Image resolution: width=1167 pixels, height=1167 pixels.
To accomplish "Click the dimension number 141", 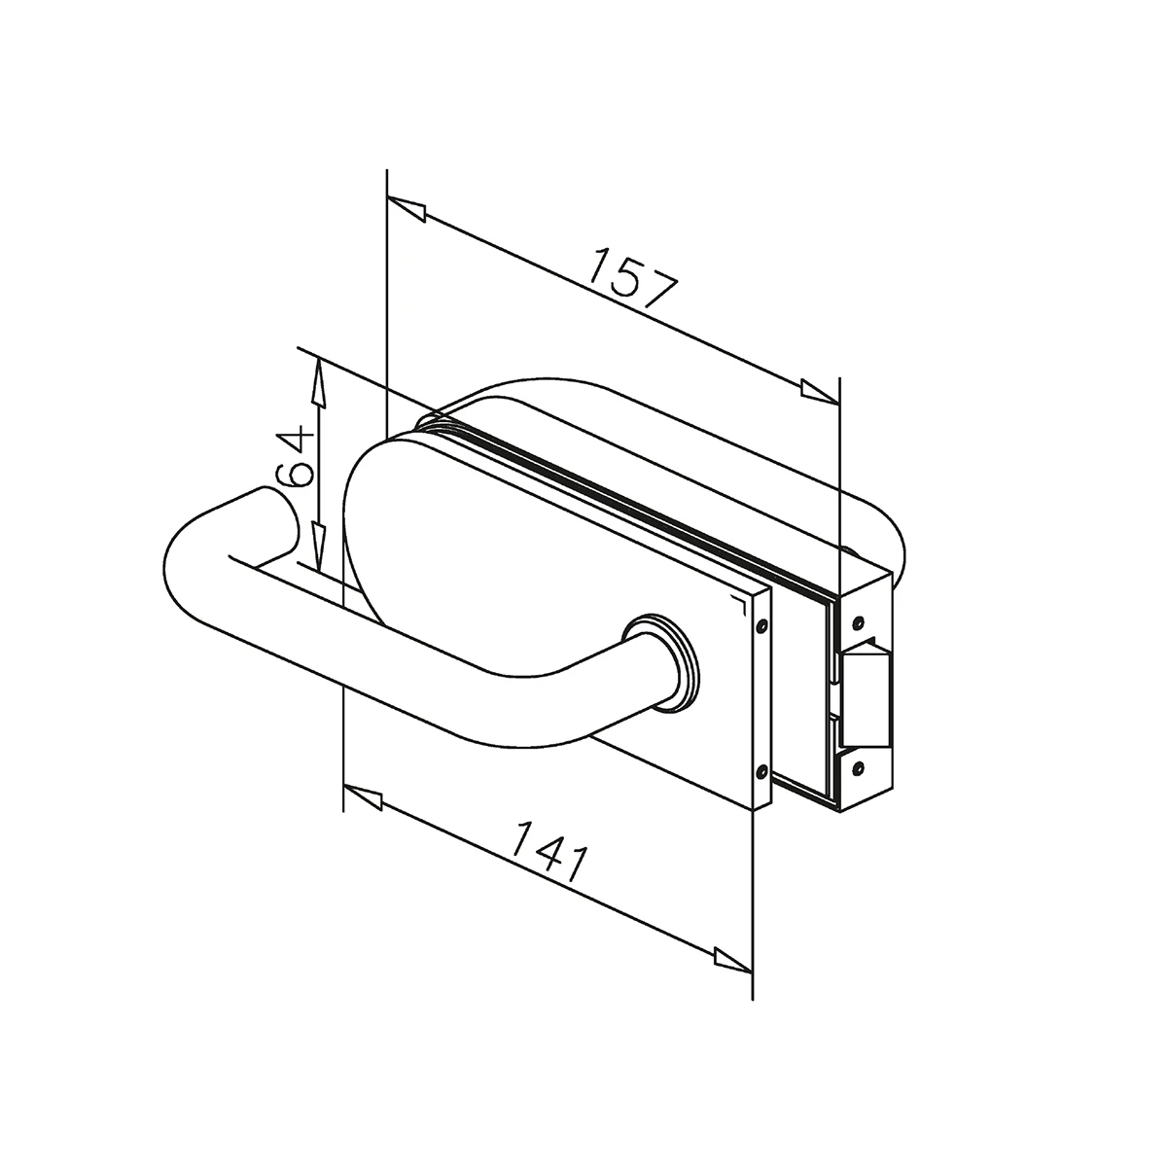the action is (x=548, y=850).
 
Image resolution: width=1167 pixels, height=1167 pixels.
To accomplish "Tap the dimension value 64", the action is (x=295, y=459).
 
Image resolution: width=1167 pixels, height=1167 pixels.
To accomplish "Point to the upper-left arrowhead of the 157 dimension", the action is (x=407, y=208).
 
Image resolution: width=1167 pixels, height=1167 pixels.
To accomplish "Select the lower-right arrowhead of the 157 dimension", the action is (x=820, y=391).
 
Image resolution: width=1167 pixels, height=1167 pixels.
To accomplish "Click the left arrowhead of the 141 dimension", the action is (x=362, y=796).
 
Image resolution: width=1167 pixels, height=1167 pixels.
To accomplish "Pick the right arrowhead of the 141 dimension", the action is (x=733, y=959).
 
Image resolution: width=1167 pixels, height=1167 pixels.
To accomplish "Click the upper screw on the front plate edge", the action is (x=762, y=624).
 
